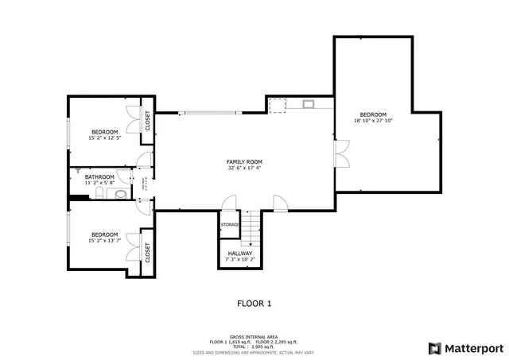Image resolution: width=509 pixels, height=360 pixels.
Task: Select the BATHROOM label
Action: (100, 176)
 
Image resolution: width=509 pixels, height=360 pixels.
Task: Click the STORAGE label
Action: (230, 225)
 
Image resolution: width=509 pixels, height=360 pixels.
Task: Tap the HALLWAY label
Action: (240, 253)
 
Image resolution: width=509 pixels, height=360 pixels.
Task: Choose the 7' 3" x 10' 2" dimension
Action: (240, 259)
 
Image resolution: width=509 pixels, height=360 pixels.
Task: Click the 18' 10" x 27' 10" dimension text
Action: (373, 121)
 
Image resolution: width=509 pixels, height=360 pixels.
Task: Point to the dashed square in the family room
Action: (277, 106)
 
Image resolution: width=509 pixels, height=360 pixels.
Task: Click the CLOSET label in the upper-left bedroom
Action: (147, 120)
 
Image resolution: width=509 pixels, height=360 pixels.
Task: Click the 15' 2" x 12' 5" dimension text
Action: (104, 137)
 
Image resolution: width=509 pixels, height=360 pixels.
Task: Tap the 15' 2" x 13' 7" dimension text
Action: (104, 241)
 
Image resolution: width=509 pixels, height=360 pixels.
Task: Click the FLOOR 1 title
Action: (254, 303)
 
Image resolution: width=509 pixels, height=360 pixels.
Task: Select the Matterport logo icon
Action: (433, 347)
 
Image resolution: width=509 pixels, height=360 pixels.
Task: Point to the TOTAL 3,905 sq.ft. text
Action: (254, 346)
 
